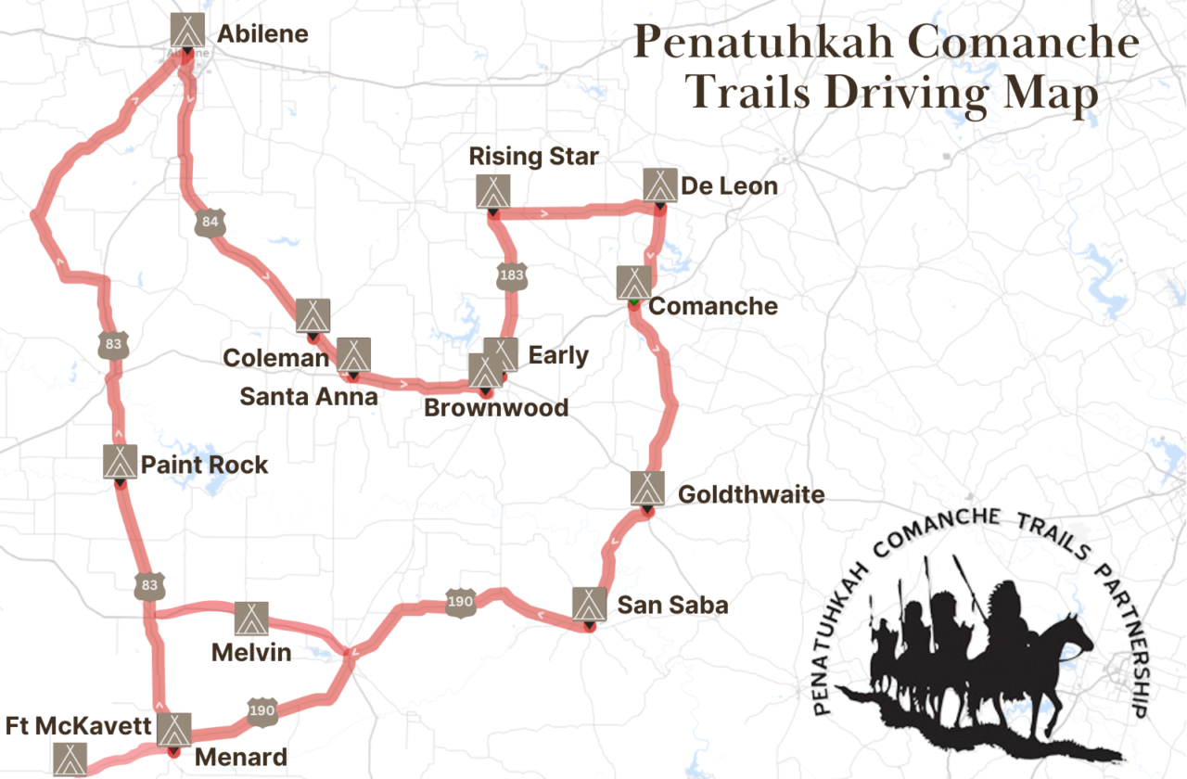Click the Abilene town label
coord(262,34)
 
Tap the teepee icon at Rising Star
coord(491,191)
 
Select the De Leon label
coord(729,186)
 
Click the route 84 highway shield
coord(211,222)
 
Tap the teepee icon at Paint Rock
coord(121,461)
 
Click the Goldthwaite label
coord(751,494)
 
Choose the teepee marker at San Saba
coord(588,604)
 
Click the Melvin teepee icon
coord(250,619)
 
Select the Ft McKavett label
coord(78,725)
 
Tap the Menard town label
coord(241,757)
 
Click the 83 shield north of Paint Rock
coord(113,344)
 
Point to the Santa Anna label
coord(309,396)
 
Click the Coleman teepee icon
coord(313,315)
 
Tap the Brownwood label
coord(496,407)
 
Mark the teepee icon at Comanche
coord(634,282)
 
